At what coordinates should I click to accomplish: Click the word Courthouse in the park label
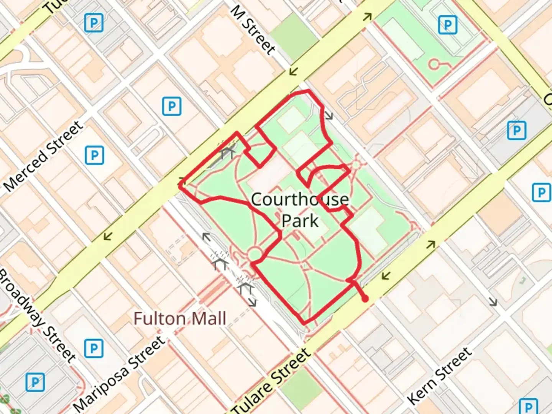pos(300,200)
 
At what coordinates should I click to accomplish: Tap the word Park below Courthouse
pos(300,221)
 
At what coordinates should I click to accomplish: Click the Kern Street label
pos(439,376)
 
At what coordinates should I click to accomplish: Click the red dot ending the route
pos(365,299)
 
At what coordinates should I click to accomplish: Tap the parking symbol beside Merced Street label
pos(94,155)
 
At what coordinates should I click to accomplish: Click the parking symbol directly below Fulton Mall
pos(94,348)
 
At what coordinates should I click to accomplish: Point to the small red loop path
pos(434,64)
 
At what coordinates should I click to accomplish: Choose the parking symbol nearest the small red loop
pos(447,25)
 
